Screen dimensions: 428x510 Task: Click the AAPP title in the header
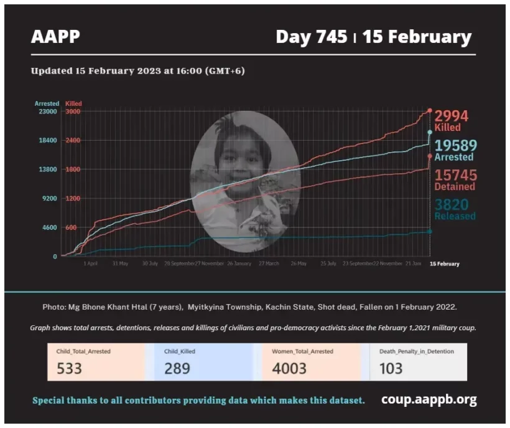pyautogui.click(x=55, y=37)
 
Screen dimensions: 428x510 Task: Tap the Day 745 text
pyautogui.click(x=311, y=37)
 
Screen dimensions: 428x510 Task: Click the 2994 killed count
pyautogui.click(x=451, y=116)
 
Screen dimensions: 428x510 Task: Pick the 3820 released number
pyautogui.click(x=452, y=205)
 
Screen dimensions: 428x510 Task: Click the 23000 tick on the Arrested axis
pyautogui.click(x=47, y=112)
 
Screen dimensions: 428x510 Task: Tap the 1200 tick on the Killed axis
pyautogui.click(x=72, y=199)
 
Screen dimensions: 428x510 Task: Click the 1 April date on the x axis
pyautogui.click(x=91, y=264)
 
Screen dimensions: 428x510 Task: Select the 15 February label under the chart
pyautogui.click(x=445, y=264)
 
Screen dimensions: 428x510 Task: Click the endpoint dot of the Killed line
pyautogui.click(x=429, y=111)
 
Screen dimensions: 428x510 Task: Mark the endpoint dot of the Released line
pyautogui.click(x=429, y=232)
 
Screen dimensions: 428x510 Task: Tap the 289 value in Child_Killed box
pyautogui.click(x=177, y=368)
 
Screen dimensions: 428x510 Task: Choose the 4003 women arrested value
pyautogui.click(x=289, y=368)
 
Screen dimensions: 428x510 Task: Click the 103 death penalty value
pyautogui.click(x=391, y=368)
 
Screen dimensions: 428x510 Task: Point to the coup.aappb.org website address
pyautogui.click(x=429, y=399)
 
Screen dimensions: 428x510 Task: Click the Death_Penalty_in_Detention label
pyautogui.click(x=417, y=351)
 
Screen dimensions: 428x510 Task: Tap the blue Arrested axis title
pyautogui.click(x=47, y=104)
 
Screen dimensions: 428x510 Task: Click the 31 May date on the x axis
pyautogui.click(x=120, y=264)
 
